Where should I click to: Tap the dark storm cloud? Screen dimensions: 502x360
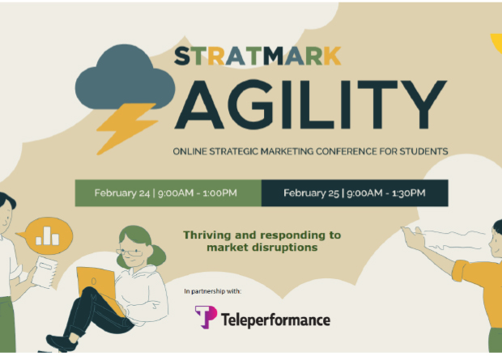[x=125, y=77]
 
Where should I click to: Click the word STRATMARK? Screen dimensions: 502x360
[x=257, y=56]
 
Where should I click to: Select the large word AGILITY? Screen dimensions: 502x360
[x=311, y=104]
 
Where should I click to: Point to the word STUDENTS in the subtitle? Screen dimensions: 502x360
[x=423, y=151]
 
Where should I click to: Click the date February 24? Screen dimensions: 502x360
[x=122, y=193]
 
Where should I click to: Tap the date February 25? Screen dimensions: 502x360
[x=311, y=193]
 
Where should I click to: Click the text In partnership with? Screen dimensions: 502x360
[x=213, y=291]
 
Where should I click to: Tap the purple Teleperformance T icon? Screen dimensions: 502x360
[x=206, y=317]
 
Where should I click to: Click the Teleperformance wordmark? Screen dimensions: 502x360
[x=275, y=320]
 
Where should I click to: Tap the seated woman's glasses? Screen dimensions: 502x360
[x=130, y=252]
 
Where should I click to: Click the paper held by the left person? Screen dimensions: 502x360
[x=45, y=272]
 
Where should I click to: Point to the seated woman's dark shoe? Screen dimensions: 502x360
[x=62, y=343]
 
